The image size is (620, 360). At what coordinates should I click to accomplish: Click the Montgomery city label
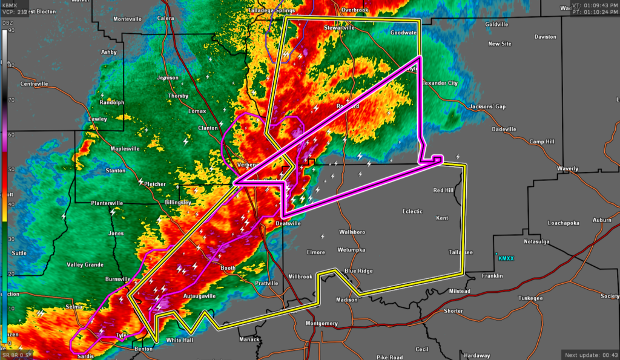click(x=322, y=323)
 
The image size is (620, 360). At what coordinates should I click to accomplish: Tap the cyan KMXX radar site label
click(x=506, y=258)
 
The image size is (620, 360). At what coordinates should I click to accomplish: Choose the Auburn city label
click(x=602, y=220)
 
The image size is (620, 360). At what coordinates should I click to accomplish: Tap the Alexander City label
click(x=440, y=83)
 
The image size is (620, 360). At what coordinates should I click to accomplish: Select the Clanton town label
click(x=208, y=128)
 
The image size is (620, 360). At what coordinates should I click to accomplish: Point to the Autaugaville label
click(x=199, y=296)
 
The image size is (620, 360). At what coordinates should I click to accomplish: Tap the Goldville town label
click(x=496, y=24)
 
